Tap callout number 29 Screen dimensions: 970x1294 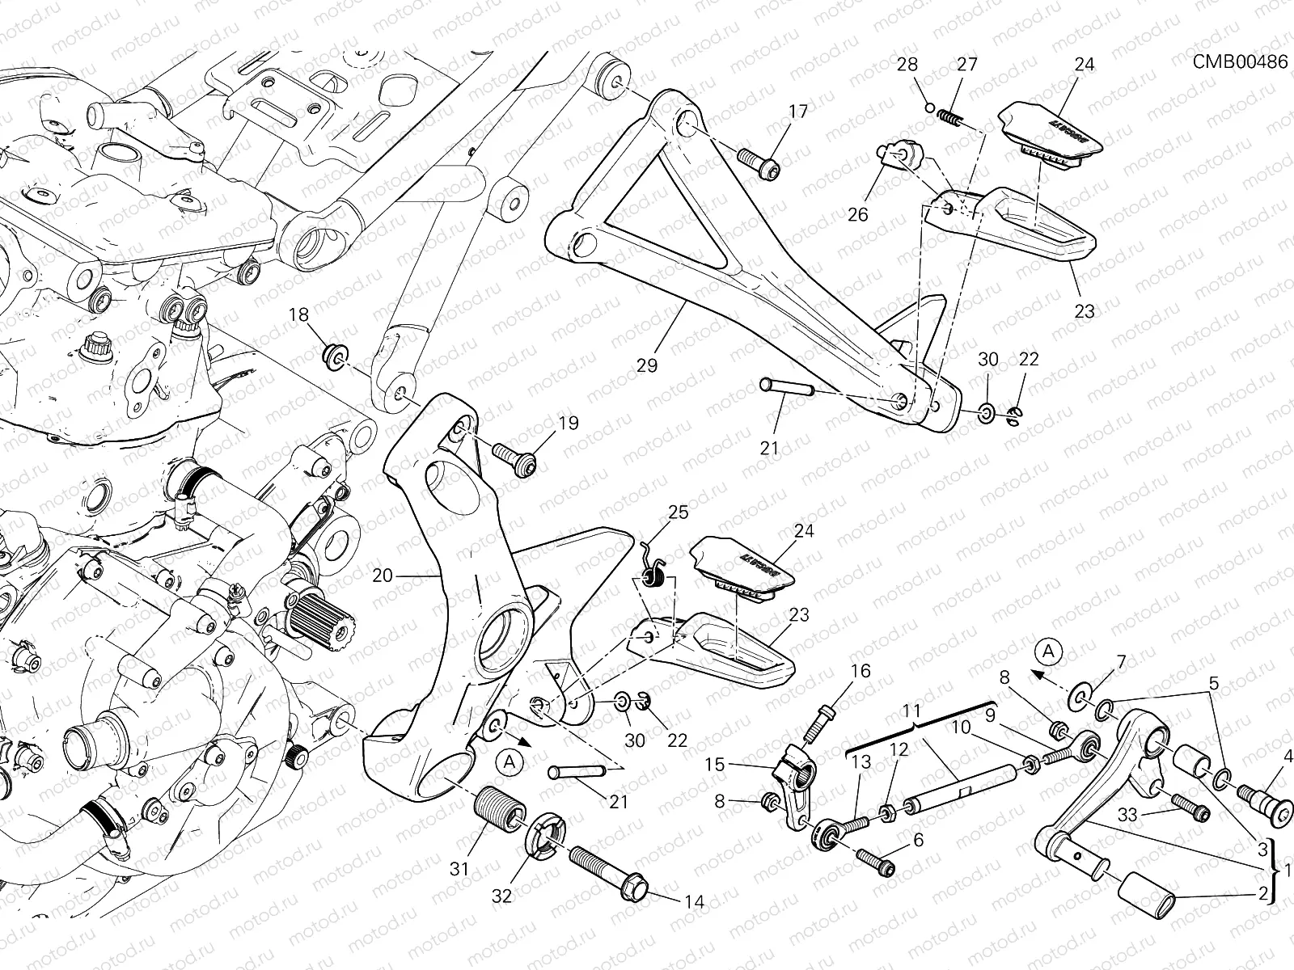coord(646,365)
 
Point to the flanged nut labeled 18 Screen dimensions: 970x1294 coord(334,355)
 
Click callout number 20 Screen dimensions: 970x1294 coord(383,576)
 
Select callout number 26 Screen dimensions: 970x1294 coord(857,214)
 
